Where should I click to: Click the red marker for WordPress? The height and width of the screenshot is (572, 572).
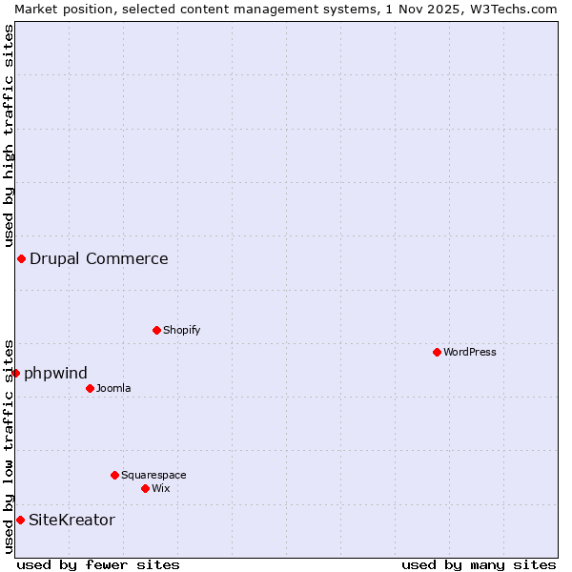(437, 352)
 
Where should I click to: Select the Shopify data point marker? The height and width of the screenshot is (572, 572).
(156, 330)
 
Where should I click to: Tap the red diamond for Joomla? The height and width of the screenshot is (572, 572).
(90, 388)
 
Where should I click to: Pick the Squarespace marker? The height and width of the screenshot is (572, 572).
(114, 475)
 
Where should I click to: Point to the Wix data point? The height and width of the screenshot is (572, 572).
(145, 488)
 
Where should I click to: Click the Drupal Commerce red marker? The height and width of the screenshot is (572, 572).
(21, 258)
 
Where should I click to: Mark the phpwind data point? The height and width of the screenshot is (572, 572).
(15, 373)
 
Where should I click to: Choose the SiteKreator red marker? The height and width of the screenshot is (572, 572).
(20, 520)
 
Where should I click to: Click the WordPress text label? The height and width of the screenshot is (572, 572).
(470, 352)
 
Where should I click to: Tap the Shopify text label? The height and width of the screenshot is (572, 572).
(181, 330)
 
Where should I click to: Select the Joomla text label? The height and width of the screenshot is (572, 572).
(113, 388)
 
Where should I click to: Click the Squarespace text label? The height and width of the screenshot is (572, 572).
(153, 475)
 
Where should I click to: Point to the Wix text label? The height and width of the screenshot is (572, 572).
(161, 488)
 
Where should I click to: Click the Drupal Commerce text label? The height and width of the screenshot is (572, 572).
(99, 258)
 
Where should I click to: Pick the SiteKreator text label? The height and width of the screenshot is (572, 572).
(71, 520)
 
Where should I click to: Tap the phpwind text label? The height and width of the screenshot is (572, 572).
(55, 373)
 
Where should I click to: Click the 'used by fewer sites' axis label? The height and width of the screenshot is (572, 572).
(98, 564)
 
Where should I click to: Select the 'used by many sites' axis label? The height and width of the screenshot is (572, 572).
(479, 564)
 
